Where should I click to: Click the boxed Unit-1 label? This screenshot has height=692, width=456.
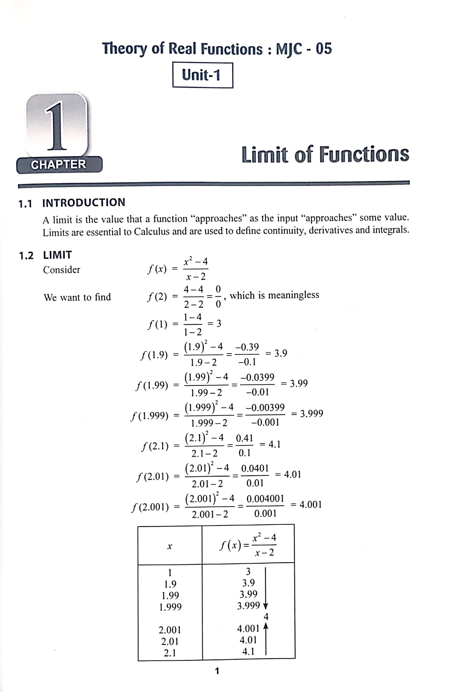(x=202, y=75)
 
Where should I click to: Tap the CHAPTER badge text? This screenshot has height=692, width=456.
(x=58, y=164)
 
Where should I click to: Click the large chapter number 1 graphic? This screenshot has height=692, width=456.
(x=57, y=126)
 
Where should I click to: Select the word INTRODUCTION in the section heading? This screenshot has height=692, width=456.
(x=84, y=202)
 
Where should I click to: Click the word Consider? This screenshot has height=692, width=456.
(x=61, y=270)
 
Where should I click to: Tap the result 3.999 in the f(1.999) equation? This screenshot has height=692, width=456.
(x=312, y=414)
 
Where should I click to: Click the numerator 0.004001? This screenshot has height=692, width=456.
(x=265, y=499)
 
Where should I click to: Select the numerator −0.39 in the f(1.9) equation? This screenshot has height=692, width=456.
(x=247, y=347)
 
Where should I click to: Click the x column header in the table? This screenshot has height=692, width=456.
(x=170, y=547)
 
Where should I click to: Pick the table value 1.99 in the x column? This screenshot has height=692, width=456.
(x=170, y=595)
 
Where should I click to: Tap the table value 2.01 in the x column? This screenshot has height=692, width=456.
(x=170, y=641)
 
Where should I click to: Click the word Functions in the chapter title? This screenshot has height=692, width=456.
(x=364, y=154)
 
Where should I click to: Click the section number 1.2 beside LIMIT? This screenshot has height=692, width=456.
(x=26, y=256)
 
